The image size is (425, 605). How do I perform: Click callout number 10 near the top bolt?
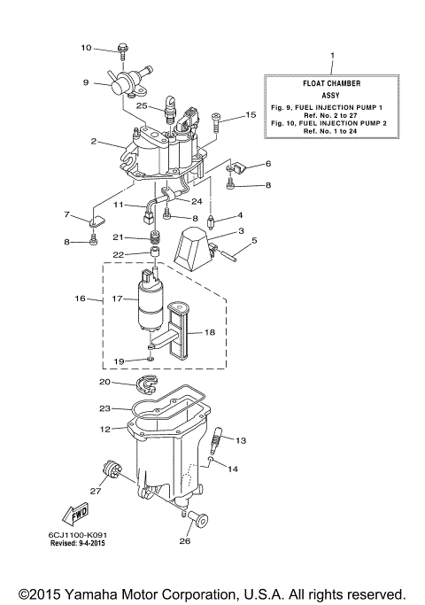(x=86, y=48)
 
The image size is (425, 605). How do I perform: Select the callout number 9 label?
(x=86, y=82)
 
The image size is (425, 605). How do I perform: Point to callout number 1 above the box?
(x=332, y=55)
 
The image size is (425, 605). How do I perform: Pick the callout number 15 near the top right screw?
(x=251, y=114)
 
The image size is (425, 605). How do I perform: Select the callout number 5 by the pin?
(x=254, y=240)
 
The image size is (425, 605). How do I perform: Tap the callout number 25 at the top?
(x=142, y=105)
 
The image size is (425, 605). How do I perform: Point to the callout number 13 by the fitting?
(x=242, y=439)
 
